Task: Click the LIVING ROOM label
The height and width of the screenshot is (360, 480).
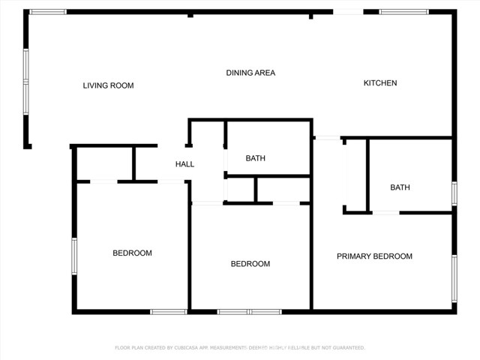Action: [108, 85]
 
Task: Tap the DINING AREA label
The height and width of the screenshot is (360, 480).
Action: [250, 73]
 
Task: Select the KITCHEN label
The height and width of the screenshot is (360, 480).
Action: [380, 82]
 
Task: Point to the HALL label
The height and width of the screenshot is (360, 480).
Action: [184, 163]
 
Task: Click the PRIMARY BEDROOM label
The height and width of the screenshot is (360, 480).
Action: [374, 256]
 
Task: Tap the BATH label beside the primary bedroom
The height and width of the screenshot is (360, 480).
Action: [400, 187]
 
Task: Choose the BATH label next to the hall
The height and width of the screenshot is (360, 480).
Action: [255, 158]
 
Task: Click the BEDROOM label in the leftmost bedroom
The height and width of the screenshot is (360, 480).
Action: [132, 253]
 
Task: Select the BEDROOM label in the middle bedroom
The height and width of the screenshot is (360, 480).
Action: [250, 263]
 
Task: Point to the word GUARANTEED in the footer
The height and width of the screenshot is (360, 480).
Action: [346, 348]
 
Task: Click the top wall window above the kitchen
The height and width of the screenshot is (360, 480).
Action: [403, 11]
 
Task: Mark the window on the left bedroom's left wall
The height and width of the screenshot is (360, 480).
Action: [74, 256]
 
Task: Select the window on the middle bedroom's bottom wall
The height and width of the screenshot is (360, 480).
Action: [249, 311]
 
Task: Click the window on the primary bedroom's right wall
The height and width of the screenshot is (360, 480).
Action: [454, 277]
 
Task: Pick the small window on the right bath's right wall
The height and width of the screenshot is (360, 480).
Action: [454, 193]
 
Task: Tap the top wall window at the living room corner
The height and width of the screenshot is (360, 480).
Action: [47, 11]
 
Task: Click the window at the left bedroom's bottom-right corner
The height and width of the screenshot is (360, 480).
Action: [168, 311]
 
